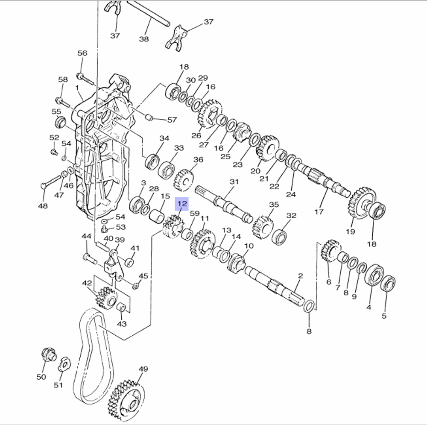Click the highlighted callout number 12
[182, 204]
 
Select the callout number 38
[144, 39]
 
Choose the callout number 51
[58, 385]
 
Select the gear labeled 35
[263, 226]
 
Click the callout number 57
[172, 120]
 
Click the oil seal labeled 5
[388, 283]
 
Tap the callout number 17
[319, 211]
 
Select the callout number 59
[195, 214]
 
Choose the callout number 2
[300, 276]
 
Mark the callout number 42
[87, 283]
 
